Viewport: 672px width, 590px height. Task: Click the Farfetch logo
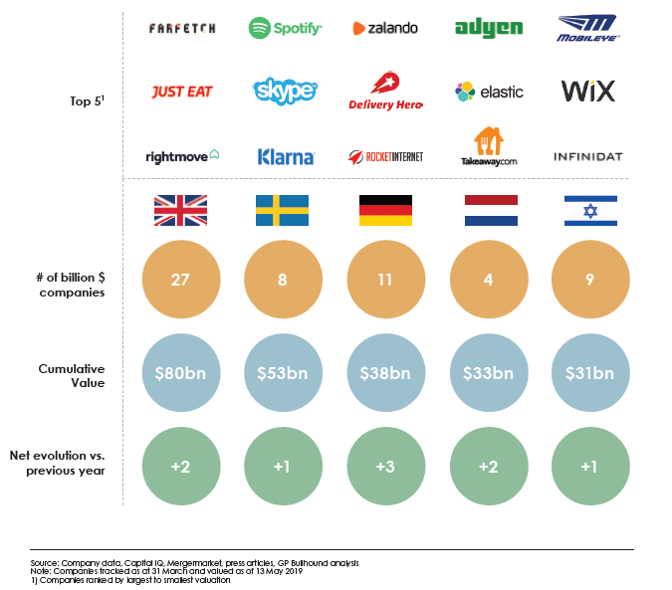coord(181,28)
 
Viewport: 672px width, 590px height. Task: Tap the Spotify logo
coord(285,28)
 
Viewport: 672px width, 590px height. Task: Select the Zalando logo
coord(384,29)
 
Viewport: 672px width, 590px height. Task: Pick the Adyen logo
coord(489,28)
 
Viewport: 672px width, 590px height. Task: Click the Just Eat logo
coord(181,92)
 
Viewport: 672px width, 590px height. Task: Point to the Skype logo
coord(285,92)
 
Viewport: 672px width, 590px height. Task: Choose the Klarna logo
coord(286,156)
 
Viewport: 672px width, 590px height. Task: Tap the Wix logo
coord(588,92)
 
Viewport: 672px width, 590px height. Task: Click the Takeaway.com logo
coord(489,147)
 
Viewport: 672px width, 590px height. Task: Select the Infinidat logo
coord(588,157)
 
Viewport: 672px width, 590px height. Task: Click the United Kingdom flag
coord(180,210)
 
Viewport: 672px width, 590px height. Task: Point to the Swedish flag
coord(283,210)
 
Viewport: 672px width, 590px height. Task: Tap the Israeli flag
coord(589,210)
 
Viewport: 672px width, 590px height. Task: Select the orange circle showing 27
coord(180,281)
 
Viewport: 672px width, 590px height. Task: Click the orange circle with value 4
coord(488,281)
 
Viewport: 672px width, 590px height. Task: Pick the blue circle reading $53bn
coord(283,373)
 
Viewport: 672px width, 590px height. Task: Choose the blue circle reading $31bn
coord(589,373)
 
